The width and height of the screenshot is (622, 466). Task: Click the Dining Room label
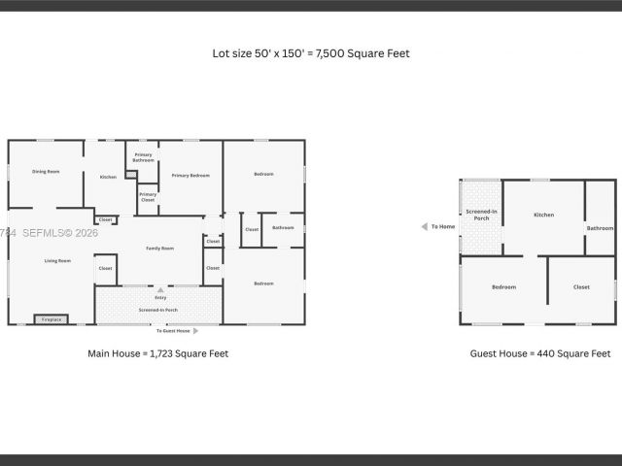tap(46, 172)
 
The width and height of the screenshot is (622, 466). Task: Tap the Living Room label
tap(57, 261)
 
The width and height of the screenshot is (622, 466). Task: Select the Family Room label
tap(159, 249)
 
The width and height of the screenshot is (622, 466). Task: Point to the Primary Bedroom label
tap(190, 176)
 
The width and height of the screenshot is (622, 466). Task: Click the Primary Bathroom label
tap(143, 157)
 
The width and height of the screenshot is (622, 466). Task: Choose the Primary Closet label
tap(148, 197)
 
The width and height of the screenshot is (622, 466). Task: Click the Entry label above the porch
tap(160, 297)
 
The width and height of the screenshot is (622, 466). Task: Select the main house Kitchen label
tap(108, 177)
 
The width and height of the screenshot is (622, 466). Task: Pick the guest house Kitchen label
tap(543, 215)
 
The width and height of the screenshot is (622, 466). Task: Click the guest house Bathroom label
tap(600, 228)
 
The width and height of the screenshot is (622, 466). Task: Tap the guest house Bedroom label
tap(503, 286)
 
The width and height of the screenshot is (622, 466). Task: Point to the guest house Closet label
tap(581, 286)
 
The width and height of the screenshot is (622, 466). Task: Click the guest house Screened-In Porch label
tap(481, 215)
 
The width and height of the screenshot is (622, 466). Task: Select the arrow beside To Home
tap(424, 227)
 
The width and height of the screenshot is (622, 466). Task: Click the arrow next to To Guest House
tap(196, 331)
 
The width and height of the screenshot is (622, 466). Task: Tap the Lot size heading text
tap(311, 53)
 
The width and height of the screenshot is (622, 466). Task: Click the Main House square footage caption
tap(158, 354)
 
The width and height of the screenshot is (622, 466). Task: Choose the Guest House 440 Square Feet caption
tap(540, 354)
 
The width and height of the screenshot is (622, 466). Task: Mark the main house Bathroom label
tap(283, 228)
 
